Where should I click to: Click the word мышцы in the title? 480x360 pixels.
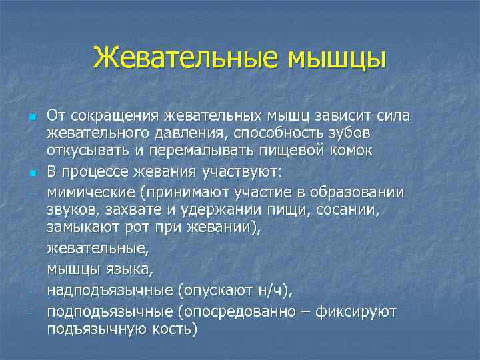337,57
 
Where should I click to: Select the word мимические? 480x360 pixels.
88,193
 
